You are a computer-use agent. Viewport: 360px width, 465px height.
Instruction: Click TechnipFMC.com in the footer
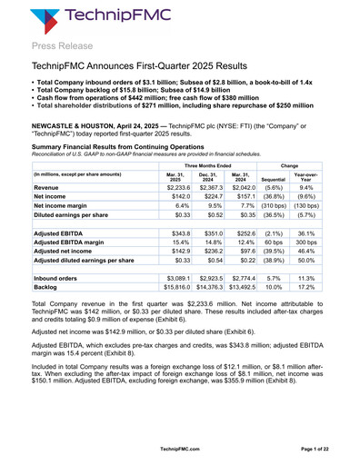(x=181, y=450)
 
